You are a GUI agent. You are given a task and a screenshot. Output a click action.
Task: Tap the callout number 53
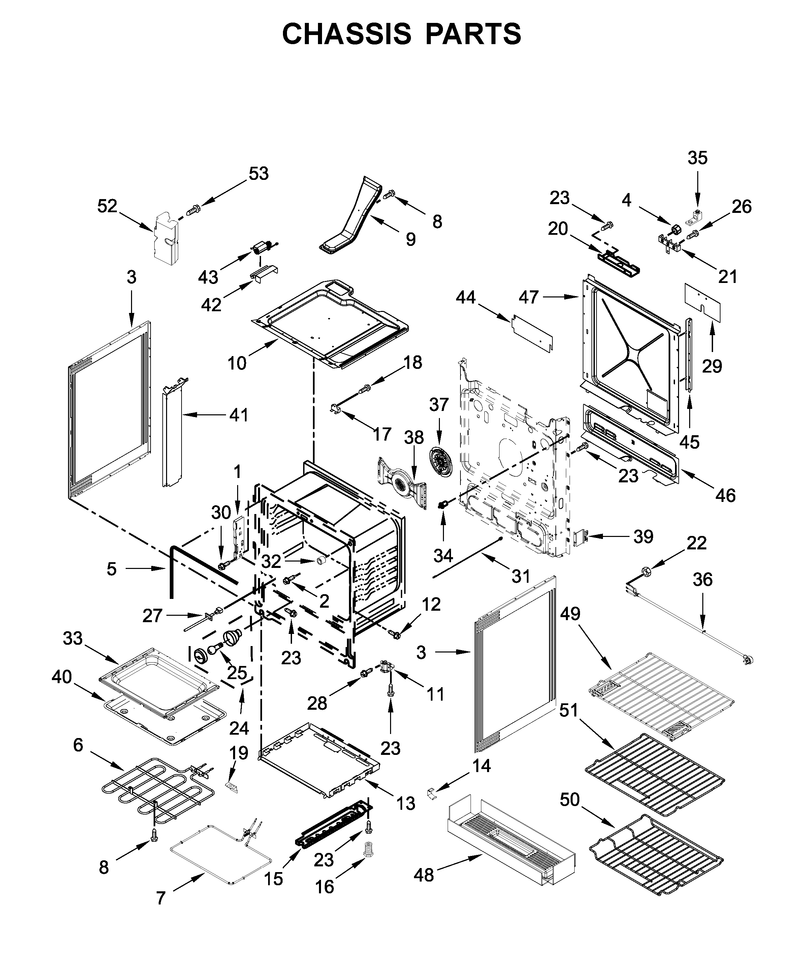pyautogui.click(x=259, y=174)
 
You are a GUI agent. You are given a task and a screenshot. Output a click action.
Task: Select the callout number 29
pyautogui.click(x=712, y=366)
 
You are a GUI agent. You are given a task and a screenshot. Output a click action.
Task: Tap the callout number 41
pyautogui.click(x=238, y=415)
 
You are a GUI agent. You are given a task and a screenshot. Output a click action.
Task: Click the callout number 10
pyautogui.click(x=237, y=363)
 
